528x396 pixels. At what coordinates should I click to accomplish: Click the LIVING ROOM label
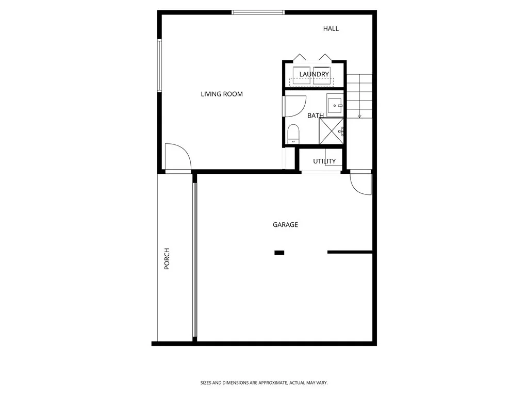(x=222, y=94)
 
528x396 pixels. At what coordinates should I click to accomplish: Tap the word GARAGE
(x=285, y=225)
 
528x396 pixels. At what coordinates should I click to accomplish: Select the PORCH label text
(x=167, y=259)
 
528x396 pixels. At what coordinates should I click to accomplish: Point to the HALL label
(x=331, y=28)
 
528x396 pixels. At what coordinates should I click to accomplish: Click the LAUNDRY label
(x=314, y=75)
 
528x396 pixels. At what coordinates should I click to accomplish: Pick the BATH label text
(x=315, y=115)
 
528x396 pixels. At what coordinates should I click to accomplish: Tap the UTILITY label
(x=324, y=161)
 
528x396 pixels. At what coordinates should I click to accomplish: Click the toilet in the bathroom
(x=293, y=134)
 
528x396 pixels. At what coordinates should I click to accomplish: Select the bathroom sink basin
(x=336, y=106)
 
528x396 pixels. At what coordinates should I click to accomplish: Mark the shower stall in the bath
(x=332, y=131)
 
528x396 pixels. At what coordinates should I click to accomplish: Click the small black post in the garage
(x=279, y=253)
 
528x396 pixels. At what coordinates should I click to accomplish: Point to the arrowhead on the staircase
(x=359, y=116)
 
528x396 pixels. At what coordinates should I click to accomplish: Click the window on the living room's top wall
(x=258, y=12)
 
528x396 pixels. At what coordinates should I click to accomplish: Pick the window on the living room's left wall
(x=160, y=66)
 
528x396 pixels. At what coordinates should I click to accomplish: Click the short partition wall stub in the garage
(x=350, y=252)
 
